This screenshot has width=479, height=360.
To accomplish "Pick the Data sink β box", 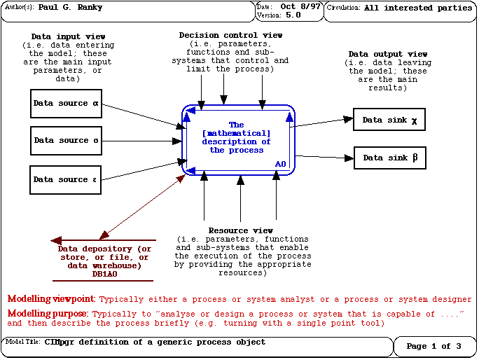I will coord(390,158).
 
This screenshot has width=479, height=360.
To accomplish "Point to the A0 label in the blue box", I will coord(280,164).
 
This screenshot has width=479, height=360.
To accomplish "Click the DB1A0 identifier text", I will coord(104,274).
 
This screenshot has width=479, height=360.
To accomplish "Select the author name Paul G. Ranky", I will coord(71,8).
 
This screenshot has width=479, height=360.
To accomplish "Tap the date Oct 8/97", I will coord(298,7).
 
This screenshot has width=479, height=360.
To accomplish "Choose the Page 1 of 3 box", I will coord(433,347).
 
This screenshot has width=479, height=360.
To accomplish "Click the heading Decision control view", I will coord(230,35).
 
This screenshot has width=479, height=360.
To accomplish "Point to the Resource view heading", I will coord(240,230).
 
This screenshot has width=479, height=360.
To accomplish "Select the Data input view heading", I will coord(69,36).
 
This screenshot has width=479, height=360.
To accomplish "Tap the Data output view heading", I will coord(387,54).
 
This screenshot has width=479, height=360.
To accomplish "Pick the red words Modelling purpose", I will coord(48,314).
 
